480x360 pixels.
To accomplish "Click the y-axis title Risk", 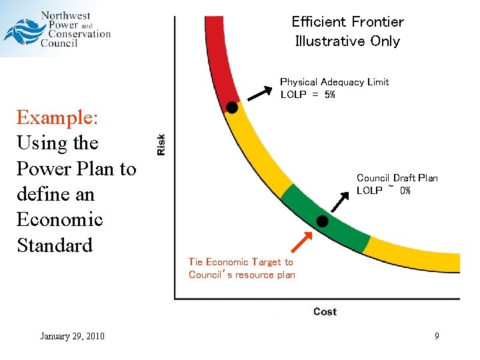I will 161,144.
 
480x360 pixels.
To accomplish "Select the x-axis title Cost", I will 325,312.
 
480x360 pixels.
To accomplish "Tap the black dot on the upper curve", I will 231,107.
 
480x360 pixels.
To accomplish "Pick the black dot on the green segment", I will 322,221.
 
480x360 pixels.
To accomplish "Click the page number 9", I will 437,336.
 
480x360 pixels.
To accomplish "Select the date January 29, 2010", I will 72,336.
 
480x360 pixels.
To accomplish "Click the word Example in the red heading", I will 57,118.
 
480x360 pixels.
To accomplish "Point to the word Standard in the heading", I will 54,245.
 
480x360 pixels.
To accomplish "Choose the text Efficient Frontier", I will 347,21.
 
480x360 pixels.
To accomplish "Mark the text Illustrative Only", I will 347,41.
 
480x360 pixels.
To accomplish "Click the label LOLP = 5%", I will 307,95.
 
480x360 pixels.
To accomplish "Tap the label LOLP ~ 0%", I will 383,191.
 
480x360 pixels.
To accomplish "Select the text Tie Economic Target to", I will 241,262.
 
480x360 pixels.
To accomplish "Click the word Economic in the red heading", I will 59,219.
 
